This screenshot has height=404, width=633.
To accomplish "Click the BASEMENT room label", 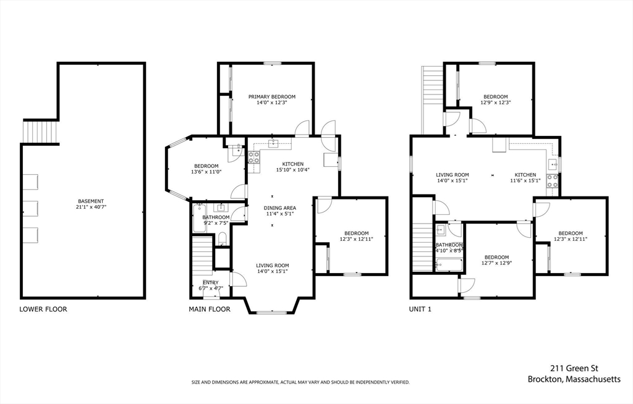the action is point(91,201).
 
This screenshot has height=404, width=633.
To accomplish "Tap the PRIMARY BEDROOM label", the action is point(272,97).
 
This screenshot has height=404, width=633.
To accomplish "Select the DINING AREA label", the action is point(280,208).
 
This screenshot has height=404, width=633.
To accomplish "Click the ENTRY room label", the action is point(211,282).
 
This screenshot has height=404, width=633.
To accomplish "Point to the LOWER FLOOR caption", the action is point(43,309).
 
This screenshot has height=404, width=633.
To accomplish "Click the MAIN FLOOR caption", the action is point(210,309).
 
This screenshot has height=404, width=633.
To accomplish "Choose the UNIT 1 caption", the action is point(420,309).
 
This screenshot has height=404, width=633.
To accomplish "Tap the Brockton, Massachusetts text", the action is point(574,379).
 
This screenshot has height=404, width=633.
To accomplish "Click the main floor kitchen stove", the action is point(253,158).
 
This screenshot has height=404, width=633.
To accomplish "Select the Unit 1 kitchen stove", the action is point(552,181).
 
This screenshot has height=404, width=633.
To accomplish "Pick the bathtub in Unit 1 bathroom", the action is point(449,266).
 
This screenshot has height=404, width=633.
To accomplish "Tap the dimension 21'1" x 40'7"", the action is point(91,207).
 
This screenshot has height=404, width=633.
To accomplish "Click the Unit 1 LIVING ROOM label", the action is point(452,175).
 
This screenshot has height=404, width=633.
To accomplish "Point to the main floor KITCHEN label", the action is point(292,164).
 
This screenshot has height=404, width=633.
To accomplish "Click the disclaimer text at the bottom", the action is point(300,382).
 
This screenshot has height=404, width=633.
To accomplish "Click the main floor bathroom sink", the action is point(221,208).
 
